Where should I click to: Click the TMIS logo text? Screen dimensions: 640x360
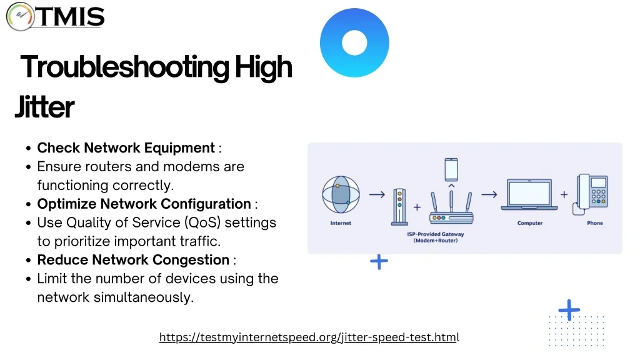[x=71, y=17]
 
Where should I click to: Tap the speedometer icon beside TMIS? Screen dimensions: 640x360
[x=20, y=16]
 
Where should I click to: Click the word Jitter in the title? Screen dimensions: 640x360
[x=44, y=107]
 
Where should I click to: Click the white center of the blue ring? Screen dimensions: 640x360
[x=354, y=42]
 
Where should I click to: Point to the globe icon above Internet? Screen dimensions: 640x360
[x=341, y=195]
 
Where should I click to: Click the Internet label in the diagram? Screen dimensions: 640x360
[x=341, y=223]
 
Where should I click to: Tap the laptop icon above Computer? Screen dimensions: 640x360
[x=529, y=195]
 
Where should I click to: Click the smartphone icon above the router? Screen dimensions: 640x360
[x=451, y=169]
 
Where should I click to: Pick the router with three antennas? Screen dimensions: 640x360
[x=451, y=207]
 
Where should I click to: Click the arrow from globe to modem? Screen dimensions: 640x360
[x=377, y=195]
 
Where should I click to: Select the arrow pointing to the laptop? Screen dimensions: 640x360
[x=489, y=195]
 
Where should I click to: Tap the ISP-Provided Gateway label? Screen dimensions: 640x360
[x=436, y=237]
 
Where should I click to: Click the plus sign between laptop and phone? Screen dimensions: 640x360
[x=564, y=195]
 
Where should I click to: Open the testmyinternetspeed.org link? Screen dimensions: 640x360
[x=309, y=337]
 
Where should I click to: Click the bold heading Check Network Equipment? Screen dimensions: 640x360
[x=126, y=147]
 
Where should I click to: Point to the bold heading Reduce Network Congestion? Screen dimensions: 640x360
[x=133, y=260]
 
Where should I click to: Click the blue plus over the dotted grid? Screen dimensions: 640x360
[x=569, y=310]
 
